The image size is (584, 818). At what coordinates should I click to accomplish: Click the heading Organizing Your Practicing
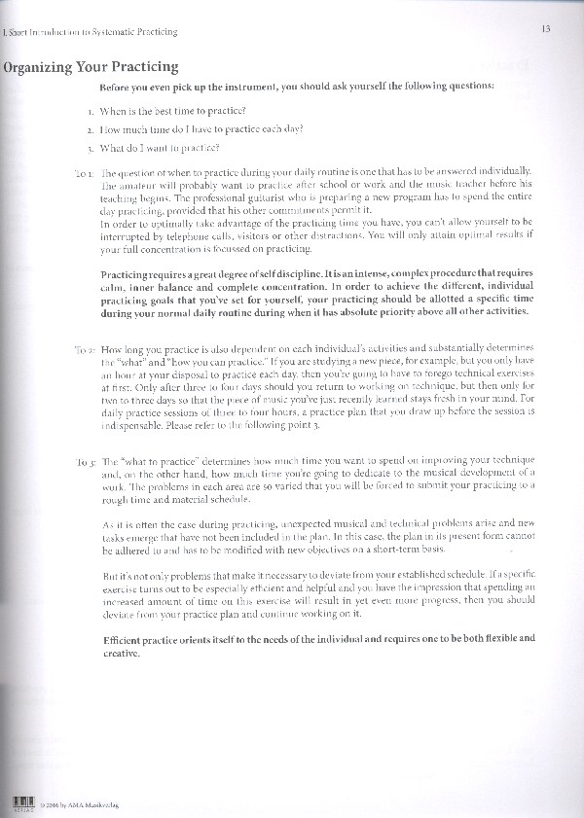coord(91,67)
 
